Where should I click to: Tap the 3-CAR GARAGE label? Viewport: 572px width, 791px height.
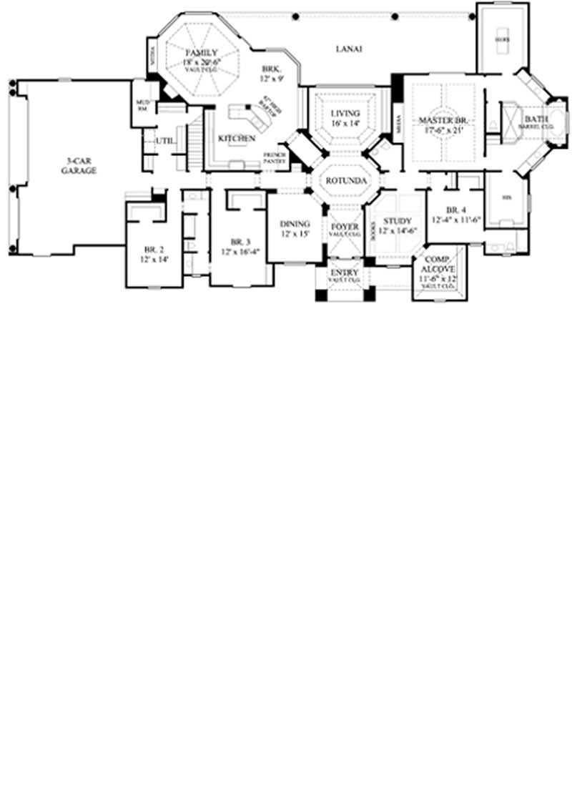pos(79,167)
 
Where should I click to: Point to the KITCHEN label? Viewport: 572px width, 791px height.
pos(236,138)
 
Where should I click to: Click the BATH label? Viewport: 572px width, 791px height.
pos(536,119)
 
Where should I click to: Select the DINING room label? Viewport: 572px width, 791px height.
pos(295,224)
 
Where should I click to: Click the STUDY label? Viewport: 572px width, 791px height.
pos(397,221)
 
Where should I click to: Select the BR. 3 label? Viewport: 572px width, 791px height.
pos(240,241)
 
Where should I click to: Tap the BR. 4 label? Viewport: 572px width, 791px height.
pos(456,210)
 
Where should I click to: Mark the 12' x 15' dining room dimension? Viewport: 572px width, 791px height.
pos(295,234)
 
